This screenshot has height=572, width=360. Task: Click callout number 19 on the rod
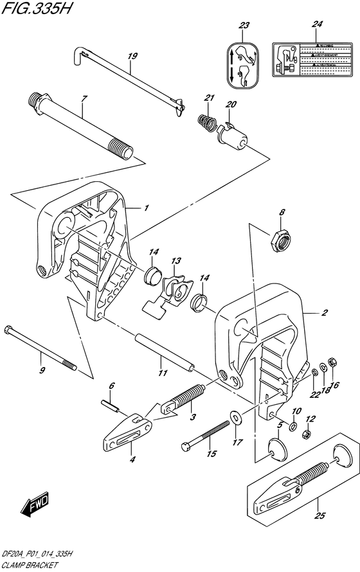(132, 56)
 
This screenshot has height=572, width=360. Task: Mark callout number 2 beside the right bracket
(325, 313)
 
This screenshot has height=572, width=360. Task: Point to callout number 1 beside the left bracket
(146, 208)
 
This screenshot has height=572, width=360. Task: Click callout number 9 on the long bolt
(42, 370)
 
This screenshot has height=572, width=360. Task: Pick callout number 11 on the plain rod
(163, 373)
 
